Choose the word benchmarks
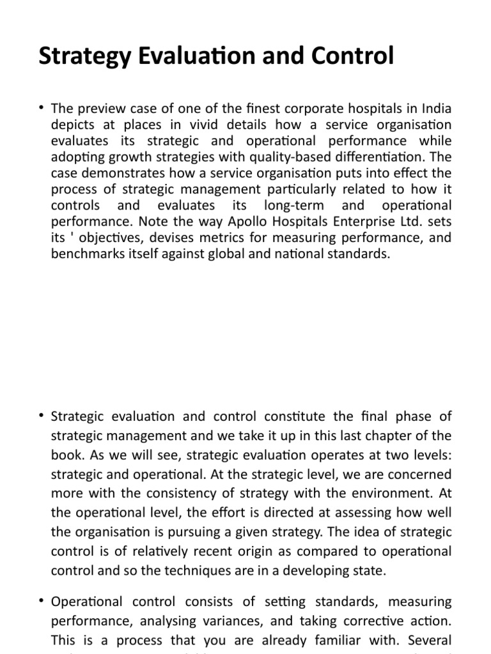(85, 254)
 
